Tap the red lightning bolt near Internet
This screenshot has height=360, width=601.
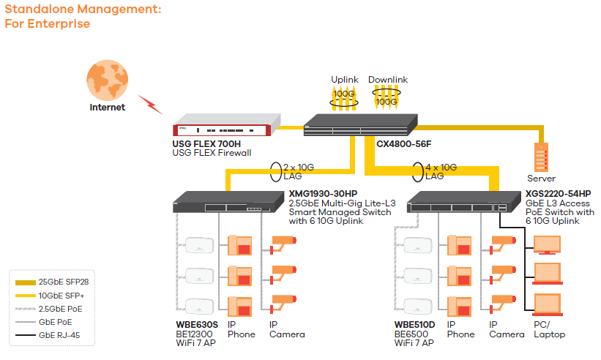151,104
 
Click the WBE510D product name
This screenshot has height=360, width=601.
415,325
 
